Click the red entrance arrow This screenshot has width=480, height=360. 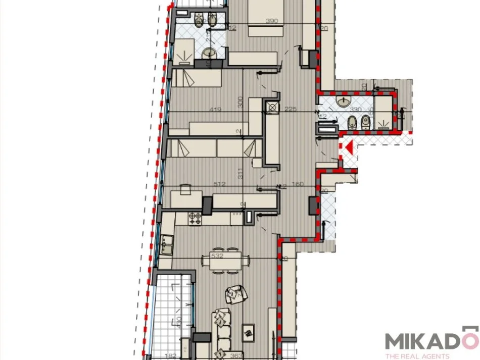tap(347, 148)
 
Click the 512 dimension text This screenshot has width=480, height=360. tap(220, 184)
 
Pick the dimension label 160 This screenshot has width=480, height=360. tap(298, 184)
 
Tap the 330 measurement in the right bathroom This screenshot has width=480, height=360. tap(356, 109)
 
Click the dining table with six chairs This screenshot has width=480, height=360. tap(225, 261)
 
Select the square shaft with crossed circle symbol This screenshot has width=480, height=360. tap(273, 107)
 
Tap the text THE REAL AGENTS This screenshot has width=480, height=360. tap(417, 356)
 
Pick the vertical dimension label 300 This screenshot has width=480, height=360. tap(241, 102)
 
